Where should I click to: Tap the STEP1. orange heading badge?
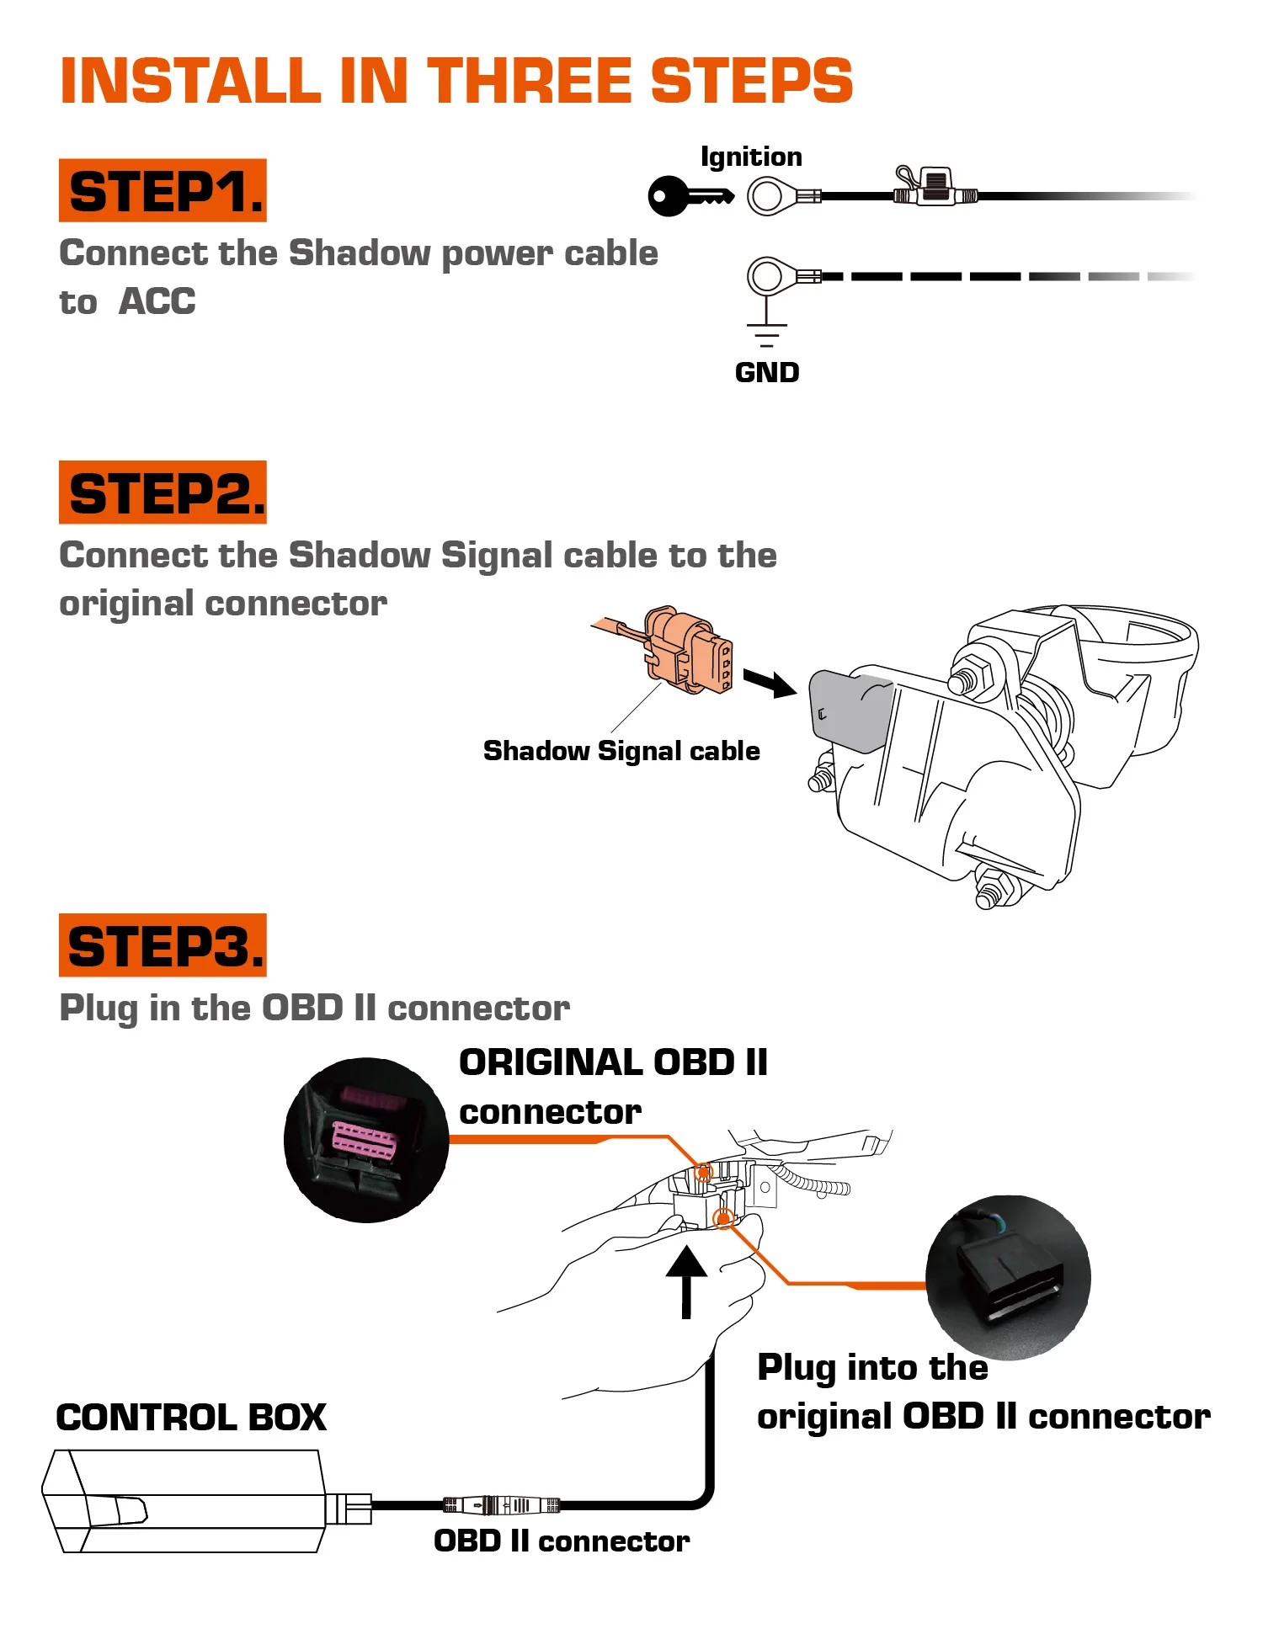(x=163, y=191)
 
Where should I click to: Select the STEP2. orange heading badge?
(x=163, y=492)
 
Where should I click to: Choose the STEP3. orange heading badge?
(x=163, y=945)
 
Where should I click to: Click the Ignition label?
(x=751, y=157)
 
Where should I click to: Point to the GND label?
(x=766, y=372)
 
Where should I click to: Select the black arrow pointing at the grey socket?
(x=770, y=683)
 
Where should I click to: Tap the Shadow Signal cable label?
(x=621, y=751)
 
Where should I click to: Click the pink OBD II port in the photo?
(x=365, y=1139)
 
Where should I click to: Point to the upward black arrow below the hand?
(x=686, y=1280)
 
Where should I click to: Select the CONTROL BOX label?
(x=191, y=1418)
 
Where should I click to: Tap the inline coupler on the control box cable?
(x=502, y=1504)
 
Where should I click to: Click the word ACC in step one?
(x=157, y=301)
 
